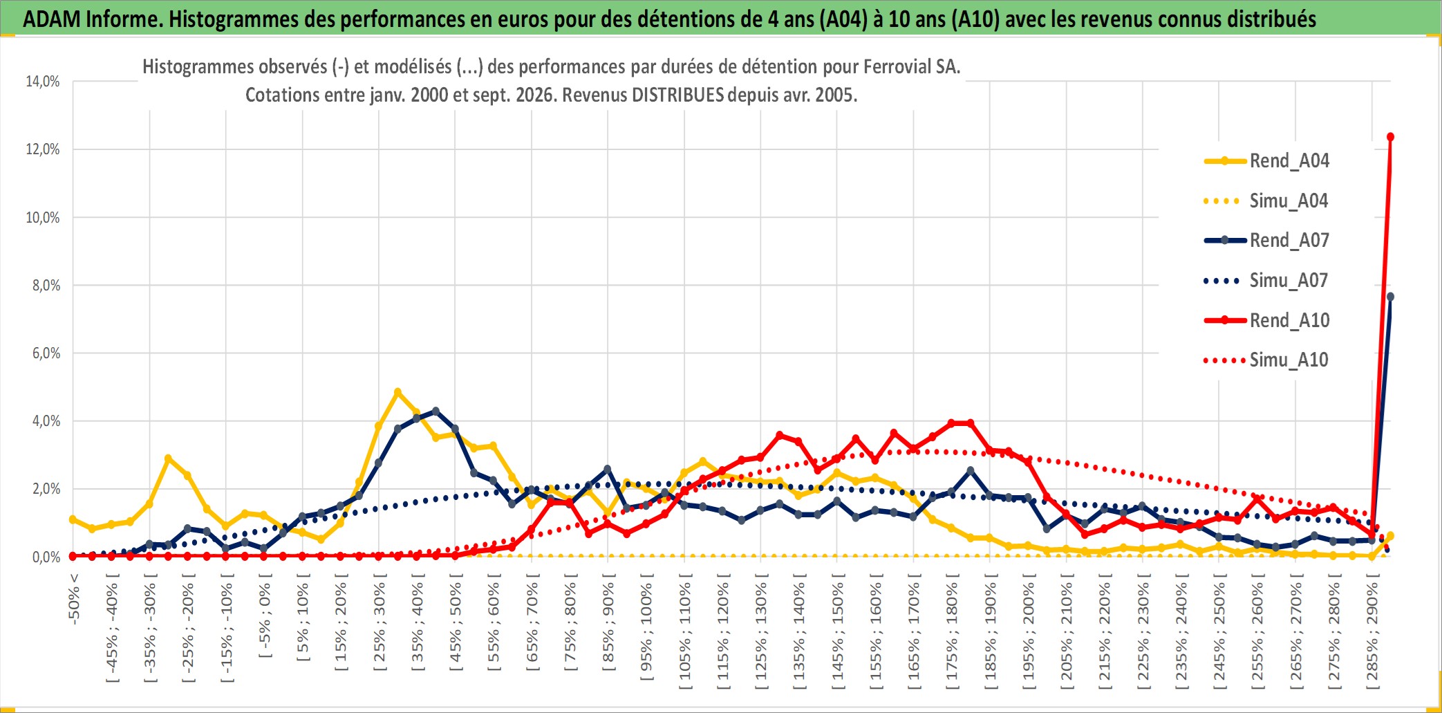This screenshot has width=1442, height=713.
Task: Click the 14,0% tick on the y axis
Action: (43, 82)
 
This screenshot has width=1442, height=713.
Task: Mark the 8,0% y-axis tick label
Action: (46, 285)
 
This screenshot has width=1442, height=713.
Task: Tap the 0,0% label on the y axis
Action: (46, 557)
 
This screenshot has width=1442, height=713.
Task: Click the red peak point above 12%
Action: (1390, 137)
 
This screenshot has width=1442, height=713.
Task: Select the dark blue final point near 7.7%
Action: (1390, 297)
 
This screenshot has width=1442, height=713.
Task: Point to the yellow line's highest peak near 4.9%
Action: (397, 392)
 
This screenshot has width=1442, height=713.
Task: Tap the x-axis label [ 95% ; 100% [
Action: (646, 632)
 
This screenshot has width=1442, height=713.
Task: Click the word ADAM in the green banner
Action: (52, 19)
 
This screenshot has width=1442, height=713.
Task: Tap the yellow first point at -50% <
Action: (73, 519)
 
